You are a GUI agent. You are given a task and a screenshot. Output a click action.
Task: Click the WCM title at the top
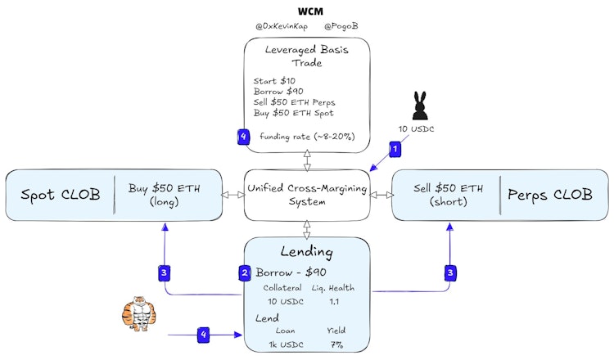(x=310, y=11)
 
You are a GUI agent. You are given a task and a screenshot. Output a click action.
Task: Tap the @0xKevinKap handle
(x=282, y=26)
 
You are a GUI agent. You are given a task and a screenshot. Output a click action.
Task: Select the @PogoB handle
(x=341, y=26)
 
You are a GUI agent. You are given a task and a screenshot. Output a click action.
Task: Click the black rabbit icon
(x=419, y=106)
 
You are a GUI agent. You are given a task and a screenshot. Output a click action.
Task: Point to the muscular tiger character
(x=138, y=313)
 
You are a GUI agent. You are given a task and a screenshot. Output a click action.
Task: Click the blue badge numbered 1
(x=395, y=149)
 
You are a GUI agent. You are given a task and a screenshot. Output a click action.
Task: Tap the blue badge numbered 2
(x=245, y=272)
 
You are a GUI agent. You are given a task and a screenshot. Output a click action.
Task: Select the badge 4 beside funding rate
(x=244, y=137)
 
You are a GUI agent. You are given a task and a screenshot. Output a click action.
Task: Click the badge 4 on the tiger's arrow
(x=203, y=335)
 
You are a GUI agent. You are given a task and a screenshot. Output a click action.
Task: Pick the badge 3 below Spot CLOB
(x=164, y=273)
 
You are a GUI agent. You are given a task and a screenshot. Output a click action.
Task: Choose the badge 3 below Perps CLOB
(x=450, y=273)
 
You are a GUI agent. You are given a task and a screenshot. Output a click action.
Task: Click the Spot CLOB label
(x=61, y=195)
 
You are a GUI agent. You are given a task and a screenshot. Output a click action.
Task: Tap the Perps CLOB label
(x=550, y=195)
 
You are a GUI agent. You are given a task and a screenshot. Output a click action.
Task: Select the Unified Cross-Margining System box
(x=307, y=195)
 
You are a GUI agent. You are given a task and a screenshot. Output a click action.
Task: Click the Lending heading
(x=307, y=252)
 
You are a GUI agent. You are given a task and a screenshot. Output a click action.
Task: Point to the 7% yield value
(x=336, y=344)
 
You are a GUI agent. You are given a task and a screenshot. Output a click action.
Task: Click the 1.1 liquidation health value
(x=334, y=301)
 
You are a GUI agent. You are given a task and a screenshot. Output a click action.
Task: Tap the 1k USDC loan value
(x=287, y=344)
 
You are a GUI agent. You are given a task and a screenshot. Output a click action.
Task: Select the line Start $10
(x=274, y=81)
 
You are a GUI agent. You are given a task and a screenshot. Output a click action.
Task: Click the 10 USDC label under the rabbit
(x=416, y=129)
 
